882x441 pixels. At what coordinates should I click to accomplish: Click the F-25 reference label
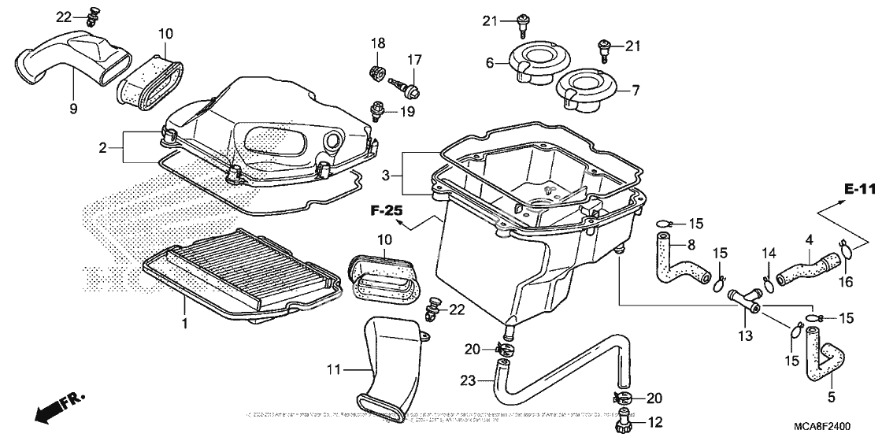(387, 211)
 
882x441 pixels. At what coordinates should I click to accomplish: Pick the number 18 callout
(377, 42)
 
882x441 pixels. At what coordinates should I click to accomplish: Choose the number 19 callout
(406, 112)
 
